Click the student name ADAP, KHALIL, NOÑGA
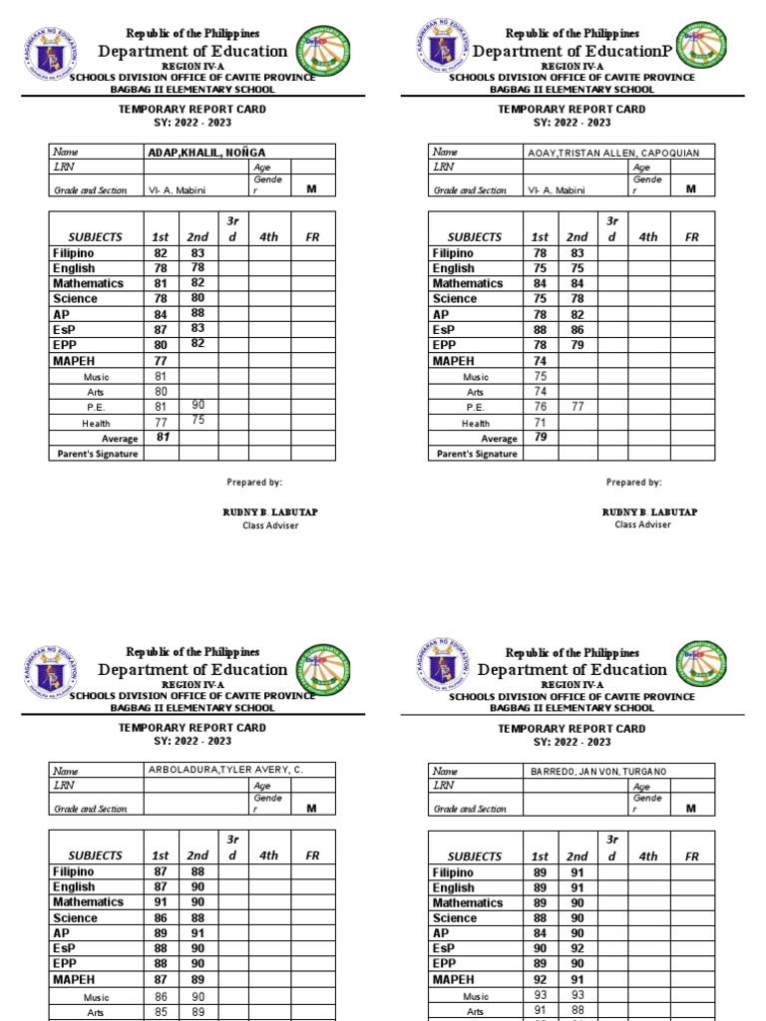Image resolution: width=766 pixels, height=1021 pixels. (207, 152)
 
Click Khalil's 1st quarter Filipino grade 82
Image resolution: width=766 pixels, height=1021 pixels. (161, 253)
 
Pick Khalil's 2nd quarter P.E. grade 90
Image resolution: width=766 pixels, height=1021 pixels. (197, 407)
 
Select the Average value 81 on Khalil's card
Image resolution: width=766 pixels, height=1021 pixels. (161, 437)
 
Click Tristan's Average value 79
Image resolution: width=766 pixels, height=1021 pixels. (540, 437)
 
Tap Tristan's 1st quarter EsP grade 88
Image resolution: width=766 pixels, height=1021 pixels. (540, 329)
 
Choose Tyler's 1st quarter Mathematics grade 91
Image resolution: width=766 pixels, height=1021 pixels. (161, 902)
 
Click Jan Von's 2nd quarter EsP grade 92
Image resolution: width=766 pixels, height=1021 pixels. (577, 949)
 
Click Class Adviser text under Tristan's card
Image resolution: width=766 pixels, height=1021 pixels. (642, 524)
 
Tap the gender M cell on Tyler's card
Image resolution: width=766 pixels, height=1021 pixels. (311, 808)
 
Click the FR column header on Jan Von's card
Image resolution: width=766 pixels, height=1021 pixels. (691, 856)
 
